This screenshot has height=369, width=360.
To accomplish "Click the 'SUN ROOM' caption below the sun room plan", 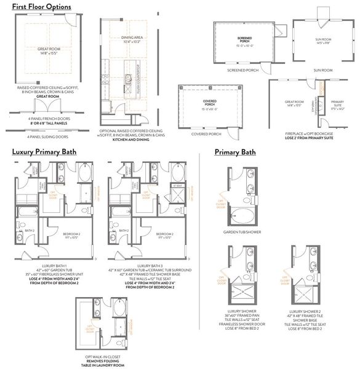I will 324,71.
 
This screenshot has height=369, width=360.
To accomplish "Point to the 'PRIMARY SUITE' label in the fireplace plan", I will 337,103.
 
